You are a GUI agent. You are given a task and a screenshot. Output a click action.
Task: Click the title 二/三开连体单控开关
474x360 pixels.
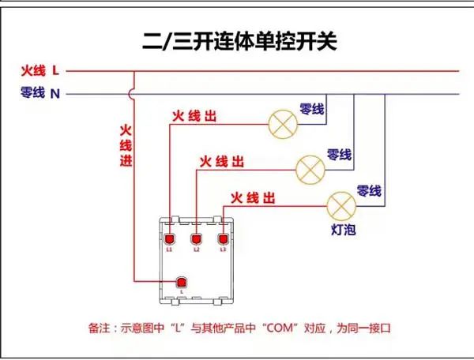click(239, 41)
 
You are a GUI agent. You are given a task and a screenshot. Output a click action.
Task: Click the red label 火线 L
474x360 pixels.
click(40, 71)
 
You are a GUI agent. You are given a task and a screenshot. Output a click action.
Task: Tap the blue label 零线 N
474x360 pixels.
click(40, 92)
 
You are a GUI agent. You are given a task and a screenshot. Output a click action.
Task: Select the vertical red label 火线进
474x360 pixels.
click(126, 145)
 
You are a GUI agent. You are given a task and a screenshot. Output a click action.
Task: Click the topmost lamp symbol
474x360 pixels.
click(283, 124)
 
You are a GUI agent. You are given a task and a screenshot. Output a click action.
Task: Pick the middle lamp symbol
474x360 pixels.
click(310, 170)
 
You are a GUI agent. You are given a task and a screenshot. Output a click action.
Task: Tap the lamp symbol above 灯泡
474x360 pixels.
click(341, 206)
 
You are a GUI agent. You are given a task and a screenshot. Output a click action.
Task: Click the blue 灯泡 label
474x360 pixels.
click(344, 230)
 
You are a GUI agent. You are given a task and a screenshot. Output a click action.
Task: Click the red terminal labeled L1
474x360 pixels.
click(169, 239)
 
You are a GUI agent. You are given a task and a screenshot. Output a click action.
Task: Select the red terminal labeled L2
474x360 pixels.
click(196, 239)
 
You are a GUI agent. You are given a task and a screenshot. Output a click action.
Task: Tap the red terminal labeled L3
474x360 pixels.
click(223, 239)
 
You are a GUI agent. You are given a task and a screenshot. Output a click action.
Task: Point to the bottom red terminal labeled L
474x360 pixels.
click(182, 283)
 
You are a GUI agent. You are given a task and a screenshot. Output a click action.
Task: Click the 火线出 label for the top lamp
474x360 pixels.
click(194, 116)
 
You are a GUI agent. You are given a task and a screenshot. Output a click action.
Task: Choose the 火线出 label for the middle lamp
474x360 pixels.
click(221, 162)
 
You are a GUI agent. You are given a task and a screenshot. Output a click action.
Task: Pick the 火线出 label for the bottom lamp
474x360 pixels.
click(253, 198)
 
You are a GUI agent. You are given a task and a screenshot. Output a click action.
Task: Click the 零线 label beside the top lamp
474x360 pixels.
click(312, 109)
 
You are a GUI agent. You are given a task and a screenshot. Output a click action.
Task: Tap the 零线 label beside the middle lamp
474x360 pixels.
click(339, 155)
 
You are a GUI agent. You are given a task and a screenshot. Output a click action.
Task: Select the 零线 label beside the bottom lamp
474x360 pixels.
click(369, 191)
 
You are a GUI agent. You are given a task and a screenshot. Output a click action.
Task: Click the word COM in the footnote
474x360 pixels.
click(280, 328)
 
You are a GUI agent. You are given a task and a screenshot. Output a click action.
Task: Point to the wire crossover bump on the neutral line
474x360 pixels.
click(130, 94)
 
